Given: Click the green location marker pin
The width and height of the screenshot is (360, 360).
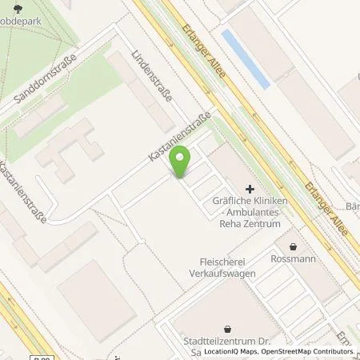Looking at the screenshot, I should (x=182, y=162).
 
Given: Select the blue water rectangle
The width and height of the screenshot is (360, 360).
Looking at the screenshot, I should (x=245, y=58).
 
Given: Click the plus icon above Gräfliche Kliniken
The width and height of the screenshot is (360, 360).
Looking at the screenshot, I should (x=250, y=188).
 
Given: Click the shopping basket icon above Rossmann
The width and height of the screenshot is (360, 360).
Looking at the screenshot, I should (x=294, y=247).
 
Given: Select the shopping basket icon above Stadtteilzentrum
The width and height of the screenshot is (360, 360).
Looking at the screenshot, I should (x=228, y=328).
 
